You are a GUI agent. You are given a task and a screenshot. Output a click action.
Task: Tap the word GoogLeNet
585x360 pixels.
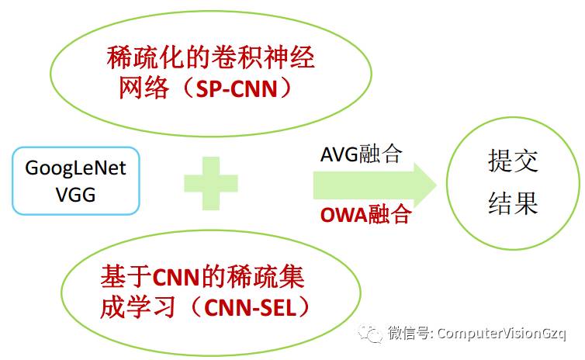pyautogui.click(x=76, y=168)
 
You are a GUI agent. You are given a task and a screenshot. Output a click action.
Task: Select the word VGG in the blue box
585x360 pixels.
pyautogui.click(x=76, y=194)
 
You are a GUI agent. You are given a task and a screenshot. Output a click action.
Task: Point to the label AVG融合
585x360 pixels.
pyautogui.click(x=361, y=153)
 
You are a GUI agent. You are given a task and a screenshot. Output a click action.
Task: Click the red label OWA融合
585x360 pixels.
pyautogui.click(x=365, y=214)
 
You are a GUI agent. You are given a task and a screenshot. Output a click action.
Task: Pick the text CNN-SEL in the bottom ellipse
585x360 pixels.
pyautogui.click(x=247, y=307)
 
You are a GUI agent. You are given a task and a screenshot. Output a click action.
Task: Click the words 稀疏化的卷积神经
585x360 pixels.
pyautogui.click(x=210, y=57)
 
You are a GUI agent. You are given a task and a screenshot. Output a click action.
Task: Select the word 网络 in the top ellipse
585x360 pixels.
pyautogui.click(x=144, y=88)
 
